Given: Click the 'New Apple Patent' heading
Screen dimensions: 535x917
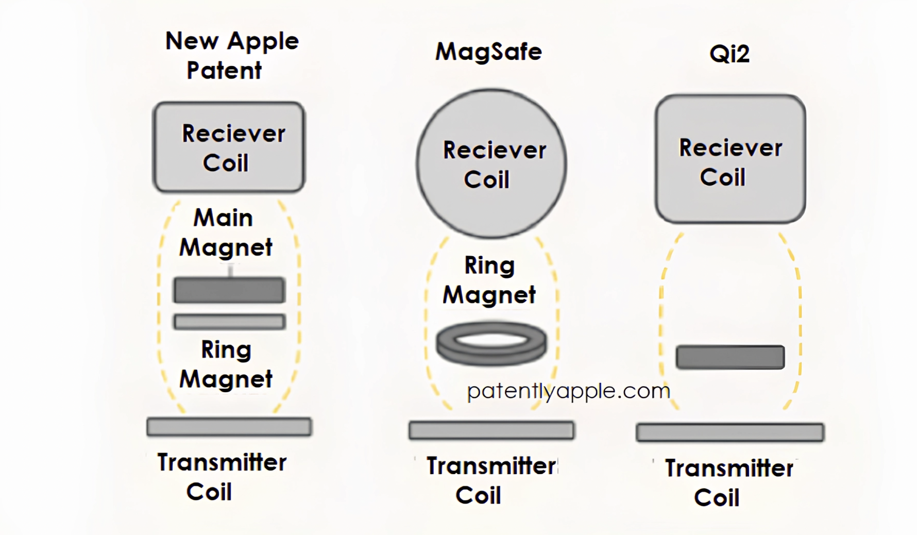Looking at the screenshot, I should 231,55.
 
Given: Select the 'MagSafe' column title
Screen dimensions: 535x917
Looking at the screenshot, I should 488,52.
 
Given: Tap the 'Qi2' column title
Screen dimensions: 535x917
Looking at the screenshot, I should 729,54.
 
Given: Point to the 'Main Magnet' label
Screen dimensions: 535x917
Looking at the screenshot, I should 225,232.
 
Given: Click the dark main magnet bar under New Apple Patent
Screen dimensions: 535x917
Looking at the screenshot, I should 229,290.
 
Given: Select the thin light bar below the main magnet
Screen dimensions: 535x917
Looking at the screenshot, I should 229,322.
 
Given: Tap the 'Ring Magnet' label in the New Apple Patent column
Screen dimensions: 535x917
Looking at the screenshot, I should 226,364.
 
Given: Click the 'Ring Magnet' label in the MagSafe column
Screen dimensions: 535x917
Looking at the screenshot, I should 489,280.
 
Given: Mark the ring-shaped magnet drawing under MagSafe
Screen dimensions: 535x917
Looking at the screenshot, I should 491,343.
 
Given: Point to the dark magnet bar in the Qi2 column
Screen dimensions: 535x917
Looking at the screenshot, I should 730,357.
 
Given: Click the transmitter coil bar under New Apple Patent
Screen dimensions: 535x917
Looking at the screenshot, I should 229,427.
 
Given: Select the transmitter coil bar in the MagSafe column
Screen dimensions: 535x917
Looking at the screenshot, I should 491,430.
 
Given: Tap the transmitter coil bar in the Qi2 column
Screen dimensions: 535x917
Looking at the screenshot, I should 730,432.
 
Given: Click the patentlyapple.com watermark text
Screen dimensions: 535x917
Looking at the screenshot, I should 568,391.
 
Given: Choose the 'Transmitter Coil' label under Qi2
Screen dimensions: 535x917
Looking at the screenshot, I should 728,483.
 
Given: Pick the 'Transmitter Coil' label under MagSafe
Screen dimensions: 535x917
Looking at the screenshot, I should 490,480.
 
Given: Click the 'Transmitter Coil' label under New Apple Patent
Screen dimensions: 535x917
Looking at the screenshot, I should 222,477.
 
